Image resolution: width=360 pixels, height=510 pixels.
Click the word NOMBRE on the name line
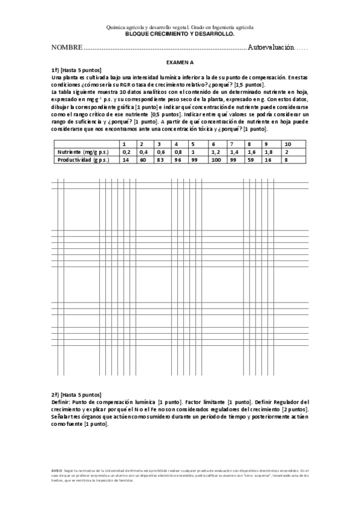[66, 47]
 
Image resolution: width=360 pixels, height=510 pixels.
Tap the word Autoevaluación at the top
[270, 47]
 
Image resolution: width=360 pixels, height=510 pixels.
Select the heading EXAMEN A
[180, 62]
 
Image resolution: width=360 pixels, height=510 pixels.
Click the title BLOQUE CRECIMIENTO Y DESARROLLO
[180, 34]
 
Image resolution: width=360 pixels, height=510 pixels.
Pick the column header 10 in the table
[287, 144]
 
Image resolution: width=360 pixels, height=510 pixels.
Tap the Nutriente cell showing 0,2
[126, 152]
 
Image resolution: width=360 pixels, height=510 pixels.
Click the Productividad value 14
[126, 160]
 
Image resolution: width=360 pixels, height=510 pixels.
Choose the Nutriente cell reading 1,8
[269, 152]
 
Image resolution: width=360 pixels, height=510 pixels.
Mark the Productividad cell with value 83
[159, 160]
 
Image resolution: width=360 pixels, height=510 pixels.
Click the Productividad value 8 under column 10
[285, 160]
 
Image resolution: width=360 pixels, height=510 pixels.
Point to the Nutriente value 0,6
[160, 152]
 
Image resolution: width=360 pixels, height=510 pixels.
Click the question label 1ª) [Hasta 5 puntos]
[76, 70]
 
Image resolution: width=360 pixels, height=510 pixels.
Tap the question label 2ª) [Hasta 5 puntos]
[76, 395]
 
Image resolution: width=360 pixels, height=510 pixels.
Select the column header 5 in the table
[192, 144]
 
